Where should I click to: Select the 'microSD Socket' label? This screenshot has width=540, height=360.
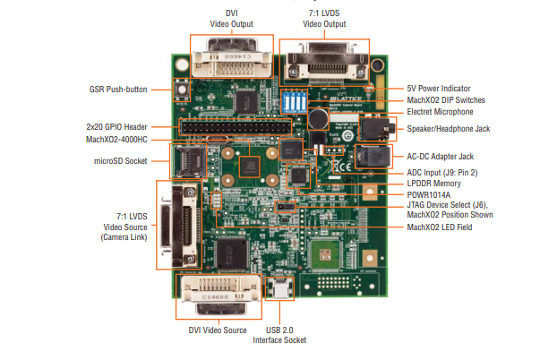pos(118,160)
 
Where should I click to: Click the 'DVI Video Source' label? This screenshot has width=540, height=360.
pos(217,330)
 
